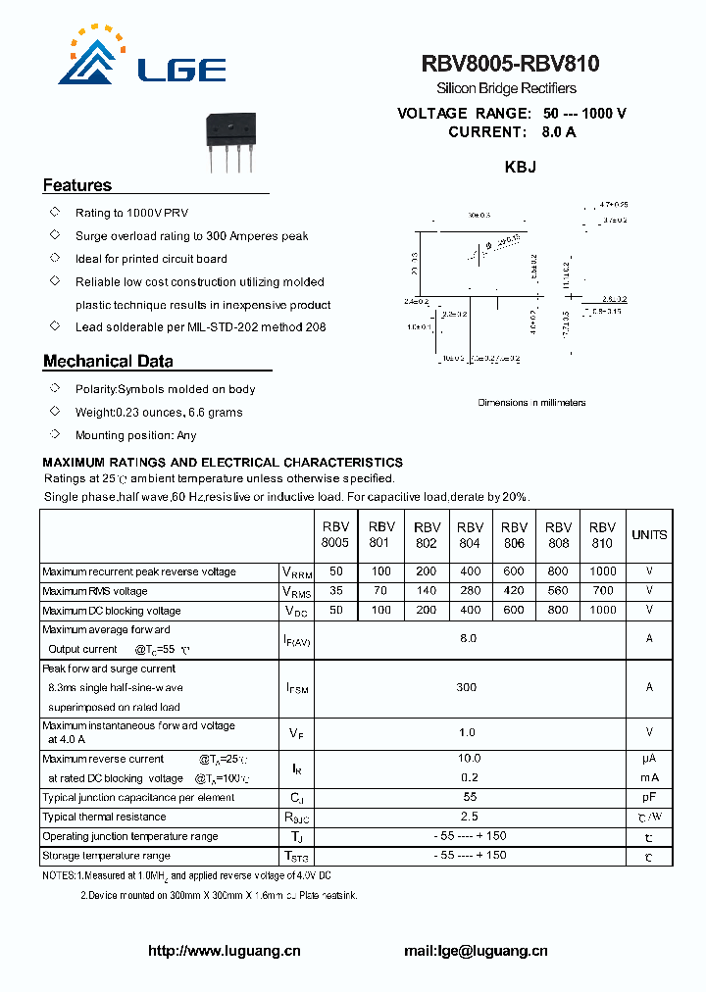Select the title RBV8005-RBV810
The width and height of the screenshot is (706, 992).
511,65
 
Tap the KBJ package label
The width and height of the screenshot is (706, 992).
520,168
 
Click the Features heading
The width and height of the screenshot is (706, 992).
77,185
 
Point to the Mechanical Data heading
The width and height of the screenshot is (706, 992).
108,361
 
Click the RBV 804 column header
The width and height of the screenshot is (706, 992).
470,534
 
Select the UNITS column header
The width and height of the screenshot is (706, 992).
648,535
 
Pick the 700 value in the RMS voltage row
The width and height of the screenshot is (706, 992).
602,591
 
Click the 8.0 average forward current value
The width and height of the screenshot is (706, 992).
468,638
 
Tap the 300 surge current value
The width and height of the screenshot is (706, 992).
467,687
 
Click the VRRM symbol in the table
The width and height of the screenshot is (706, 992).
297,572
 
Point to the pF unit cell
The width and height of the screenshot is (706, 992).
648,797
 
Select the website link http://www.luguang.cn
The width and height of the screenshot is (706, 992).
224,950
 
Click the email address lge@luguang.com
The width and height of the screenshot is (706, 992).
476,950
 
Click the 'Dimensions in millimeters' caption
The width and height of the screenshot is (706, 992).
531,403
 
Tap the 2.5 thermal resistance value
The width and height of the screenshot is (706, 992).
469,816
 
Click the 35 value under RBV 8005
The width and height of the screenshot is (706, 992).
336,591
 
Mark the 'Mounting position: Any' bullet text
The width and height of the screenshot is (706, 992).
135,435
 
